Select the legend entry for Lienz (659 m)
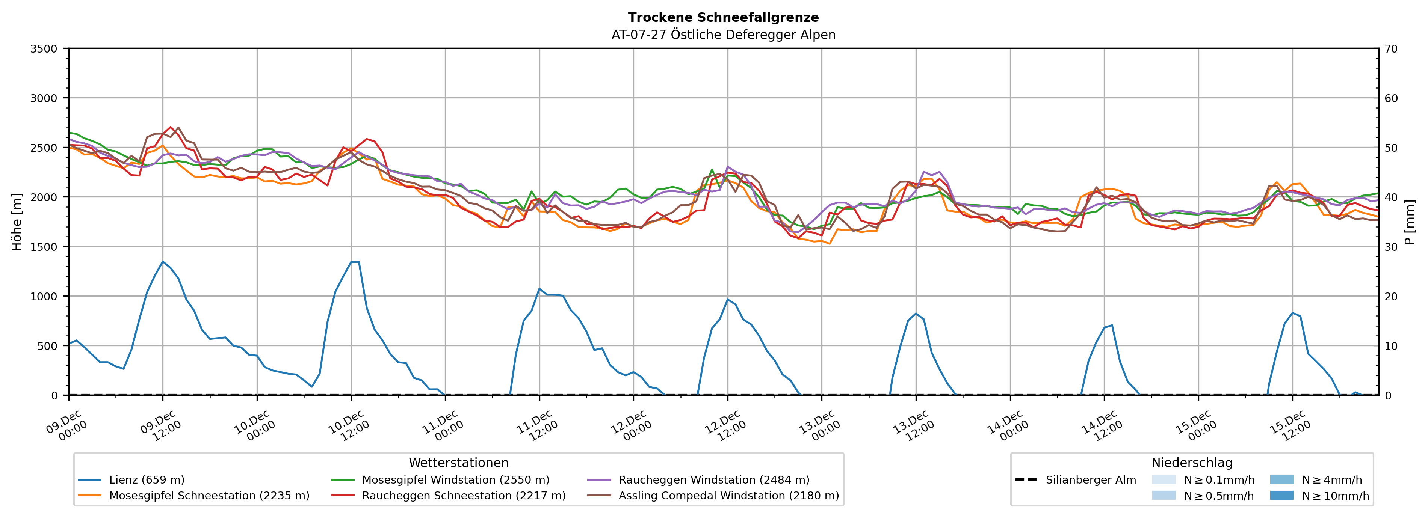pyautogui.click(x=147, y=480)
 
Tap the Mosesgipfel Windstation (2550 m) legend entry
pyautogui.click(x=455, y=480)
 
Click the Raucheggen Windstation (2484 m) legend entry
pyautogui.click(x=713, y=480)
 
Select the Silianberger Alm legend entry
pyautogui.click(x=1090, y=480)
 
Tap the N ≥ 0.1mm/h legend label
pyautogui.click(x=1218, y=480)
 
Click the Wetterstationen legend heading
pyautogui.click(x=458, y=463)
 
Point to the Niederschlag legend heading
pyautogui.click(x=1192, y=463)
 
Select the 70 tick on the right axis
pyautogui.click(x=1392, y=49)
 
